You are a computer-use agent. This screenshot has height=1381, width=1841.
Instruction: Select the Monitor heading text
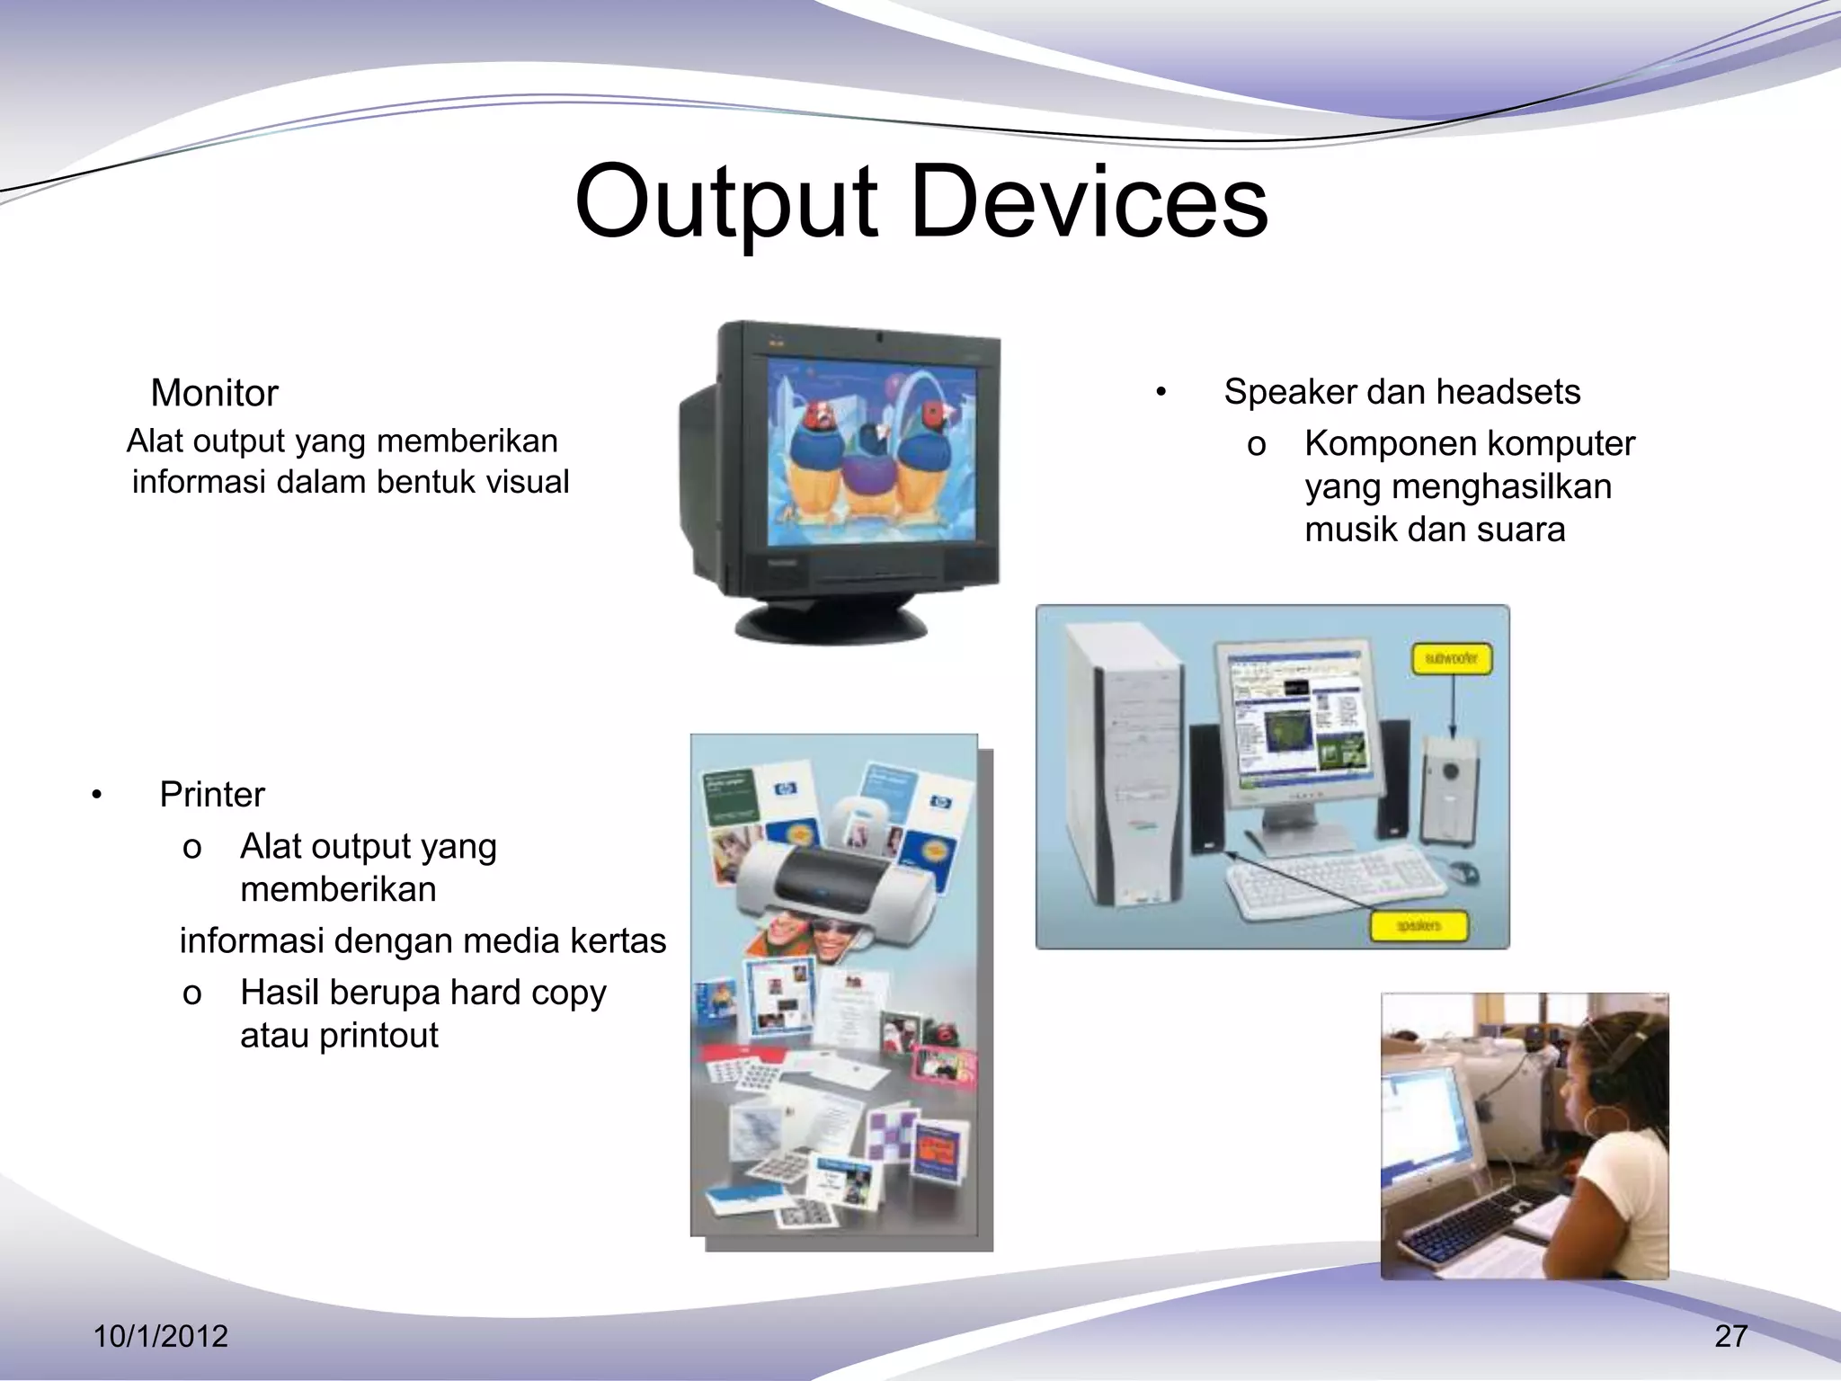214,393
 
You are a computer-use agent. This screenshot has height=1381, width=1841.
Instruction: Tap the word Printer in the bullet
212,795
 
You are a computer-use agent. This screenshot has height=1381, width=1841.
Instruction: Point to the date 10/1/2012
161,1336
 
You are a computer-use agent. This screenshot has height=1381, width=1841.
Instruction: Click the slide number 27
1730,1336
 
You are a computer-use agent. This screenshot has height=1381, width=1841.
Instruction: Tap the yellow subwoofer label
1451,658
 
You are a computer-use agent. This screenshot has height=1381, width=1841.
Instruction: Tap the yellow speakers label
1418,925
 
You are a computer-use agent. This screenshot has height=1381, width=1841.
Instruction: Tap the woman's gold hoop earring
1603,1123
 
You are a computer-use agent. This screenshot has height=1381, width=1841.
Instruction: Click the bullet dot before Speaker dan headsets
1161,393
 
